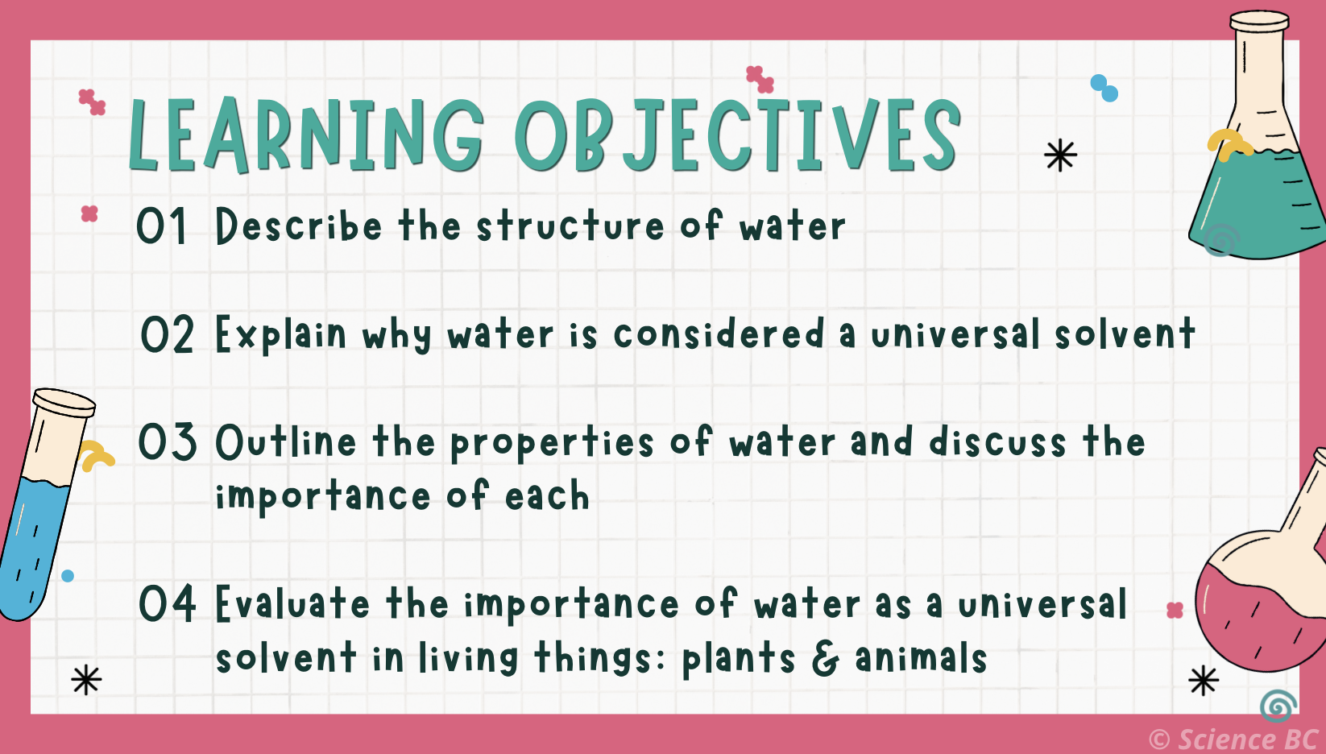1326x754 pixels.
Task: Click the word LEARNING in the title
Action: (x=306, y=135)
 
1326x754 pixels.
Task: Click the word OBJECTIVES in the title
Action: (x=737, y=135)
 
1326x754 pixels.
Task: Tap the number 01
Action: (x=161, y=226)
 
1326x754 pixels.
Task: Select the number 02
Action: (x=167, y=335)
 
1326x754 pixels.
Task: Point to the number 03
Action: (x=167, y=442)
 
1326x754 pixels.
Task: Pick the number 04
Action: (x=167, y=603)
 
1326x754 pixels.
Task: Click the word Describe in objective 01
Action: (x=298, y=226)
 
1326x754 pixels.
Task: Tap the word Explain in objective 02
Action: (x=281, y=335)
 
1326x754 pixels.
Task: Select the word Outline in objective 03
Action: (x=286, y=442)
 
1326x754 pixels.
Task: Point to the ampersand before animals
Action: (x=825, y=658)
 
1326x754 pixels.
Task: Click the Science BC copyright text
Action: (x=1233, y=739)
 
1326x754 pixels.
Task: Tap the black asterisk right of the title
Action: (x=1060, y=155)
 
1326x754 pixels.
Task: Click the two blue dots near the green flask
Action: (x=1104, y=88)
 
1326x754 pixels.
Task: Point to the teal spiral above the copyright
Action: (x=1278, y=706)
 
